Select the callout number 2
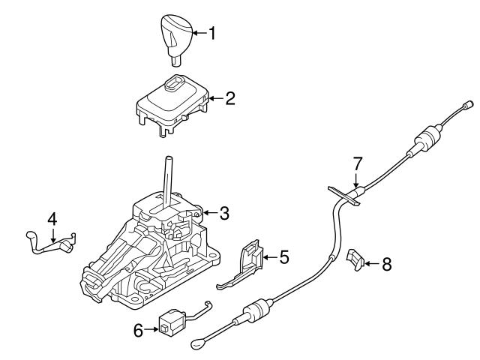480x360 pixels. click(x=230, y=97)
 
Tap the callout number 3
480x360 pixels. click(x=224, y=214)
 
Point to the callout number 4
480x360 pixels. click(x=52, y=220)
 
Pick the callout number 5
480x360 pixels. click(x=283, y=257)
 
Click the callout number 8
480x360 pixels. click(x=386, y=263)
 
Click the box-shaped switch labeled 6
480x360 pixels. click(x=169, y=323)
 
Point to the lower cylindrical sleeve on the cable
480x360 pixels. click(x=256, y=310)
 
